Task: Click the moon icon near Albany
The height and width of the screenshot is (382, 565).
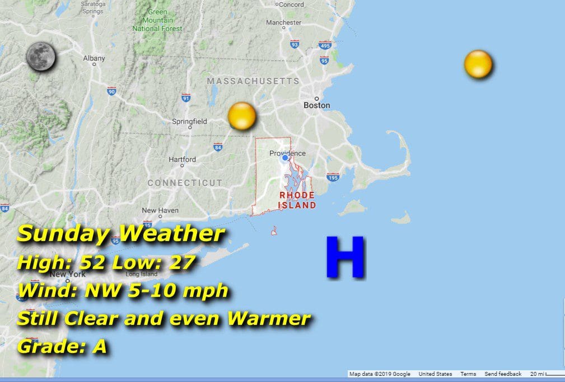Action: tap(41, 56)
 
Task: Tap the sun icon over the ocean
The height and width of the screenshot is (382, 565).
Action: tap(478, 64)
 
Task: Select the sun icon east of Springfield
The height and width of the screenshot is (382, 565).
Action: tap(242, 116)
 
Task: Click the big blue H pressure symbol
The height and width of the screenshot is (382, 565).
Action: tap(345, 257)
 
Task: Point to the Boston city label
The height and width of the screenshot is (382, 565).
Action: tap(316, 105)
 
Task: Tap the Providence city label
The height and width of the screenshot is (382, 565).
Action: tap(287, 153)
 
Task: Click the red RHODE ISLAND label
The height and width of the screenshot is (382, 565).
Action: tap(297, 200)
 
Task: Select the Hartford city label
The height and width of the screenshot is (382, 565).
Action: tap(183, 159)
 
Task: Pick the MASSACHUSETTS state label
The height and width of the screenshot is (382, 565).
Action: tap(253, 81)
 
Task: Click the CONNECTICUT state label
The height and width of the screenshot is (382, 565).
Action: tap(185, 183)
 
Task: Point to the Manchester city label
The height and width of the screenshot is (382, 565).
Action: tap(284, 22)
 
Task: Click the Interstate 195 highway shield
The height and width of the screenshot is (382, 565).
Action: tap(333, 177)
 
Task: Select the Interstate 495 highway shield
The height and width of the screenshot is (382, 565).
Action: tap(325, 45)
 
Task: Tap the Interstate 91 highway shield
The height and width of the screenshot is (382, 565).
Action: tap(186, 98)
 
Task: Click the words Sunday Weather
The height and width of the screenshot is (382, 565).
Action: tap(121, 234)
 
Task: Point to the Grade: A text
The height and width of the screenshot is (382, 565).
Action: tap(62, 347)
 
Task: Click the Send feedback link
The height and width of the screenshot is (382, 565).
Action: tap(503, 374)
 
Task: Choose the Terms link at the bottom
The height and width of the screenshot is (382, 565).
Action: tap(468, 374)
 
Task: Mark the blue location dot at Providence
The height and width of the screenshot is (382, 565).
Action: tap(285, 158)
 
